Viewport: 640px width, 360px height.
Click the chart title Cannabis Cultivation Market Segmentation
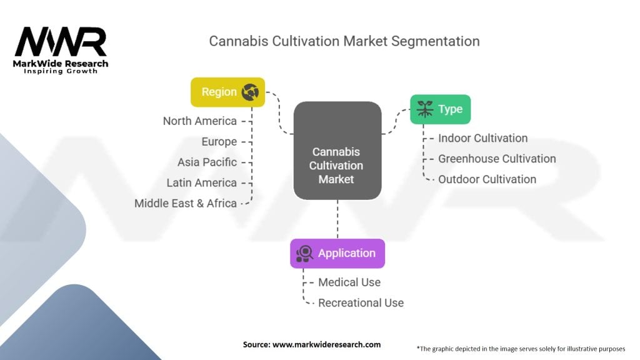[x=344, y=41]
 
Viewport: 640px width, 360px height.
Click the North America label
[x=199, y=121]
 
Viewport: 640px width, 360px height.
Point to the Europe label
[x=219, y=142]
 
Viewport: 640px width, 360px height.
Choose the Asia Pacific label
[x=207, y=162]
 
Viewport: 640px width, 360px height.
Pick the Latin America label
[x=201, y=183]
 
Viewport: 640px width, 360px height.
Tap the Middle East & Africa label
[x=186, y=203]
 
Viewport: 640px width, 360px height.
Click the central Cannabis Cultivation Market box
[x=337, y=151]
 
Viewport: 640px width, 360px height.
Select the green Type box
[x=440, y=109]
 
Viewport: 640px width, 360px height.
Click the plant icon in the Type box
[x=426, y=109]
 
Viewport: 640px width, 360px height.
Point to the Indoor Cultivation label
[x=482, y=138]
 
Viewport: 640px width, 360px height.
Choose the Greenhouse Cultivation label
[x=497, y=159]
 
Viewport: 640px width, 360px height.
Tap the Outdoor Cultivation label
[x=487, y=179]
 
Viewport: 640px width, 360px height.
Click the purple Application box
[x=337, y=253]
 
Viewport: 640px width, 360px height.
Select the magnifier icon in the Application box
[x=305, y=253]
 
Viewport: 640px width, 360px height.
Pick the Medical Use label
[x=349, y=282]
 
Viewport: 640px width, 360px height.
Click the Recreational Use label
[x=361, y=303]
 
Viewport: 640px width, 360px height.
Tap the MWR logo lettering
[x=61, y=42]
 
